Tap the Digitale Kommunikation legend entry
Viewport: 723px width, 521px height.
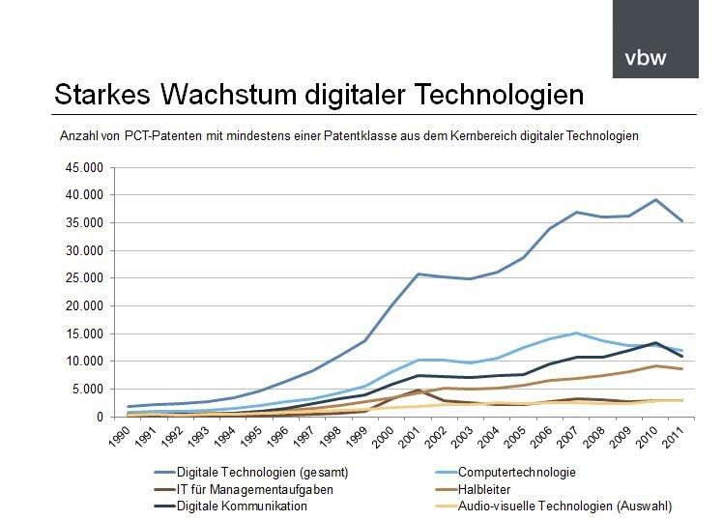pos(243,506)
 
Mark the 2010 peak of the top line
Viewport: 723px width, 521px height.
pos(656,200)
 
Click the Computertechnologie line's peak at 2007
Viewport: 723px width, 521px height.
pos(576,333)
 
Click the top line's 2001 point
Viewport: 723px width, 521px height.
pos(418,274)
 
